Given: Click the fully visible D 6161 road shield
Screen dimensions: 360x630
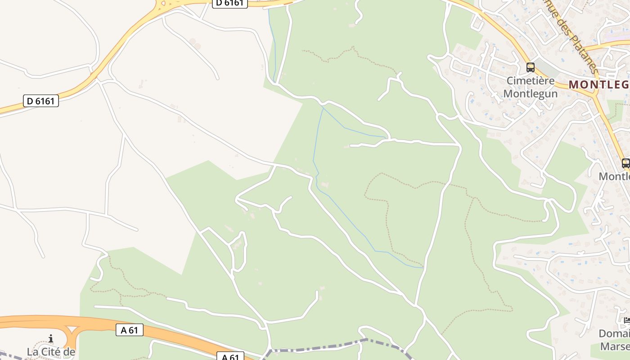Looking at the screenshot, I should [40, 101].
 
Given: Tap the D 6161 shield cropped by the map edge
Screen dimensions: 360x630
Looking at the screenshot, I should [229, 3].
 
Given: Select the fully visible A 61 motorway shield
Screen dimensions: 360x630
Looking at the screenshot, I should [129, 330].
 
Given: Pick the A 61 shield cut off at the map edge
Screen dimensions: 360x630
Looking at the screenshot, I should [230, 357].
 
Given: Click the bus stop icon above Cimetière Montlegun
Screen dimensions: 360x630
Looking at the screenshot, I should [531, 67].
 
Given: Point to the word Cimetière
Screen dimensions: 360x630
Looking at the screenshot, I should [530, 81].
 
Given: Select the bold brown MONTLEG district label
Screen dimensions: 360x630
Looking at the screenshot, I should [598, 84].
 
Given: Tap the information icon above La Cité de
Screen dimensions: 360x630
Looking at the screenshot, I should [51, 338].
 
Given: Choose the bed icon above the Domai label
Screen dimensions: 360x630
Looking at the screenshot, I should [627, 321].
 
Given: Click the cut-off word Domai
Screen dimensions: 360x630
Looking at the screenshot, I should [614, 334].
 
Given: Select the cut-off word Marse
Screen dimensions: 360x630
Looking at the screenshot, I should [615, 346].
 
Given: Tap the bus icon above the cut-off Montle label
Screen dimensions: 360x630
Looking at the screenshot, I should [625, 163].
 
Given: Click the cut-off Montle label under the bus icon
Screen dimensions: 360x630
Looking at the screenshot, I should [614, 176].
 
